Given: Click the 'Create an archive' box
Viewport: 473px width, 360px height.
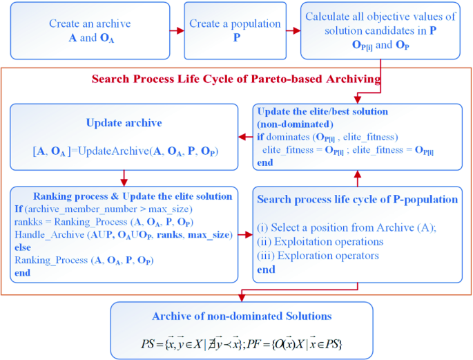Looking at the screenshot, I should click(90, 31).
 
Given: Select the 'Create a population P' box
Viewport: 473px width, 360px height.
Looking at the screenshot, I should click(235, 31).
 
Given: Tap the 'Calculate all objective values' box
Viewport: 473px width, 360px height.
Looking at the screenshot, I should click(380, 31).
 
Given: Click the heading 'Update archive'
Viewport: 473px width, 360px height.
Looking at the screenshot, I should click(124, 123).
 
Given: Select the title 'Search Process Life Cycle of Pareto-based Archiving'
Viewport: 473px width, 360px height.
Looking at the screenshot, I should click(236, 79).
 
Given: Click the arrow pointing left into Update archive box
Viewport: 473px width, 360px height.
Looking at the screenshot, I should click(244, 137).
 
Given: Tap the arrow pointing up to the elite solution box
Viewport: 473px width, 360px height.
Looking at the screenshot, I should click(356, 179).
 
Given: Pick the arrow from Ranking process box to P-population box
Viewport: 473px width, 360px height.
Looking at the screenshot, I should click(244, 234).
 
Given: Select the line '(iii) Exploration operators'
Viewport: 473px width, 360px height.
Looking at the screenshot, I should click(318, 256).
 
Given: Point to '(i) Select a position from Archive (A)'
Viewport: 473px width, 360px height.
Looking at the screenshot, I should click(347, 227).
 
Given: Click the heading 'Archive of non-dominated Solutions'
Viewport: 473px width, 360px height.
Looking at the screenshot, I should click(242, 316).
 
